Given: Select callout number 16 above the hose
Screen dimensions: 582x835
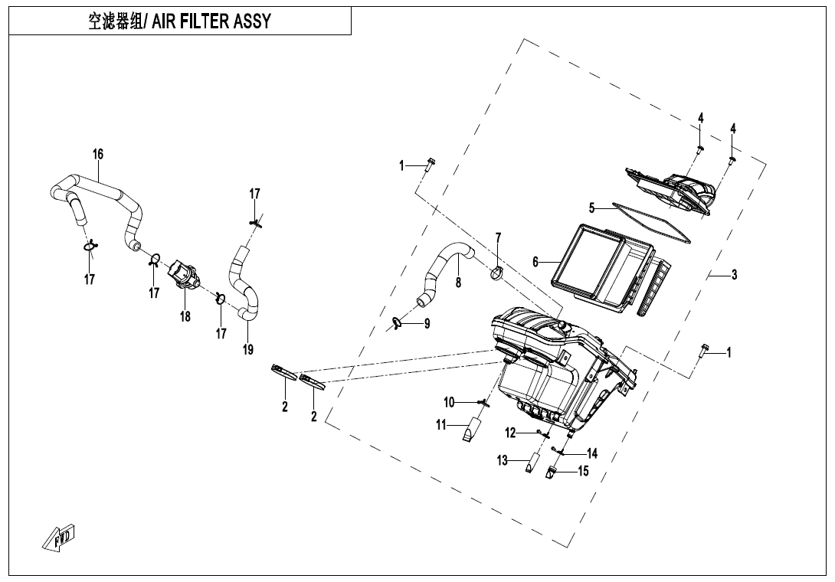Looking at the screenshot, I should [x=98, y=154].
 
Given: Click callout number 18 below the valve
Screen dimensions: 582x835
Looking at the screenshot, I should [x=185, y=316].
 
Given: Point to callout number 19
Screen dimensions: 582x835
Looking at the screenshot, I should [x=248, y=349].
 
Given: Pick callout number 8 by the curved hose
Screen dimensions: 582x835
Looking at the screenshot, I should [x=458, y=282].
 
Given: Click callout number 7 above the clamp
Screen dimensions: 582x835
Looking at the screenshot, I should [x=498, y=237].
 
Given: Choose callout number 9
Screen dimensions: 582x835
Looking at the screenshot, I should [x=427, y=324].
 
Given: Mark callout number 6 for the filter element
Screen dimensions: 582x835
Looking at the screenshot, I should [x=536, y=262].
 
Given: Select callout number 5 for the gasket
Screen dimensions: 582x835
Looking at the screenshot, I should [x=591, y=208].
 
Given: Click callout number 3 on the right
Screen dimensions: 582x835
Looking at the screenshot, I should [x=734, y=275].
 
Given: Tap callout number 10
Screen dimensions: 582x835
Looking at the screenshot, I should [x=450, y=401].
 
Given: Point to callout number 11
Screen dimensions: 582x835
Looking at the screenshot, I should [x=441, y=425].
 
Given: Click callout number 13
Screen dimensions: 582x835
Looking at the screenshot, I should [x=503, y=460].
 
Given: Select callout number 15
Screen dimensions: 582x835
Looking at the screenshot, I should [x=583, y=471].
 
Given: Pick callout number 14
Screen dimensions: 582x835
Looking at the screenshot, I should [x=591, y=453].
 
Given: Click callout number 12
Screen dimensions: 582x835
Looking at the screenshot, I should [x=510, y=433].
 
